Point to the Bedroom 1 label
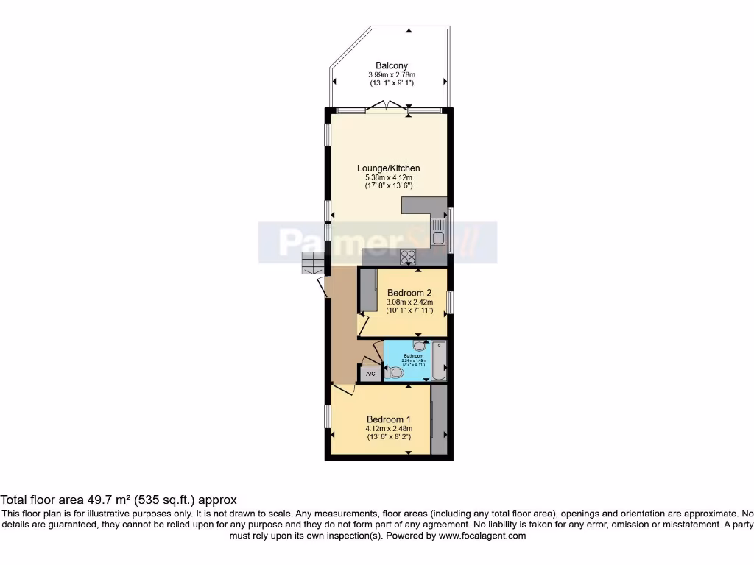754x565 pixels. coord(388,419)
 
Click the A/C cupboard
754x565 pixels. coord(370,374)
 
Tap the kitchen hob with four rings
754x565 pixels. coord(407,257)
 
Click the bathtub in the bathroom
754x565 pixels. coord(439,360)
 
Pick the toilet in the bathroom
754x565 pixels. coord(395,373)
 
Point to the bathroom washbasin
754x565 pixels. coord(419,346)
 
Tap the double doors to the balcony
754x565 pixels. coord(388,108)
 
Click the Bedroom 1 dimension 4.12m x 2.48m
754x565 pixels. coord(388,429)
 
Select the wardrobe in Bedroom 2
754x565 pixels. coord(368,291)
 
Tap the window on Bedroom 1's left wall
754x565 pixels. coord(328,416)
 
